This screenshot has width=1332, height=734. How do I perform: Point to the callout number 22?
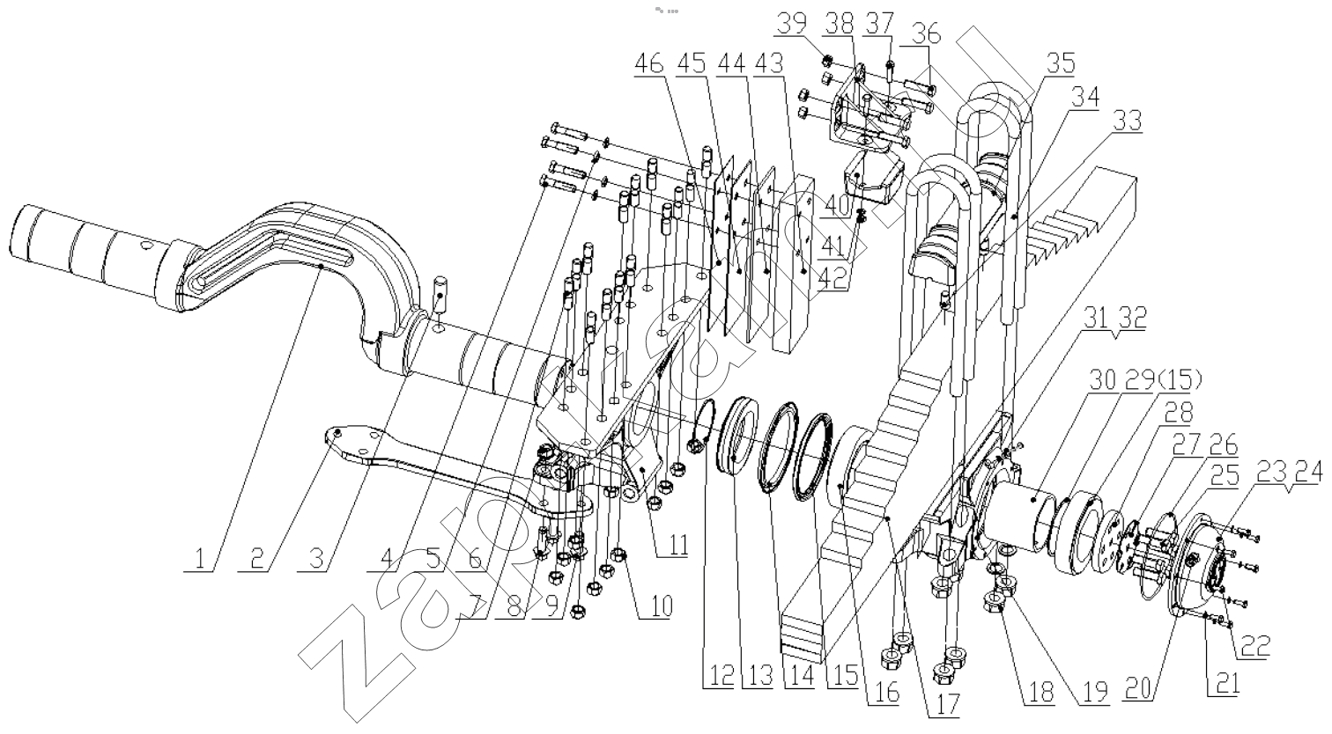coord(1256,647)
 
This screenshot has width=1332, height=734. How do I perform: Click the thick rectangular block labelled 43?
coord(802,264)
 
